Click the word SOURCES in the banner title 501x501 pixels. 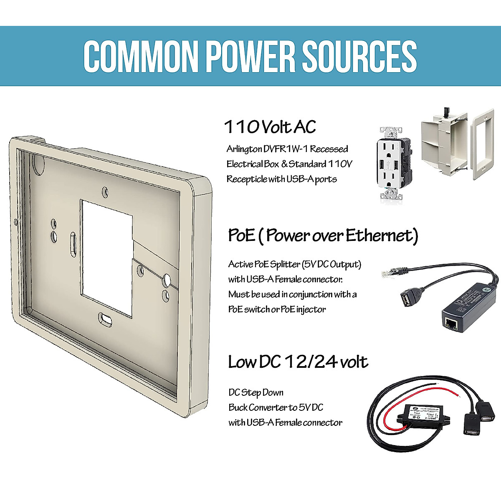click(359, 56)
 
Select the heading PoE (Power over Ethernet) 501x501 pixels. click(323, 235)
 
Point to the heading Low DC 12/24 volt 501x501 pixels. click(298, 362)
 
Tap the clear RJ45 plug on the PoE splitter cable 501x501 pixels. click(387, 274)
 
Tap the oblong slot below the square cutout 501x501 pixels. click(106, 319)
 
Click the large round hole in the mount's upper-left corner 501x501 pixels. click(38, 164)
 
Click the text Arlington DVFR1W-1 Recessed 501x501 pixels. click(287, 149)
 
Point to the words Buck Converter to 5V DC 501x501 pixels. click(276, 407)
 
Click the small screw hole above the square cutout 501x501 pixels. click(105, 192)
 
